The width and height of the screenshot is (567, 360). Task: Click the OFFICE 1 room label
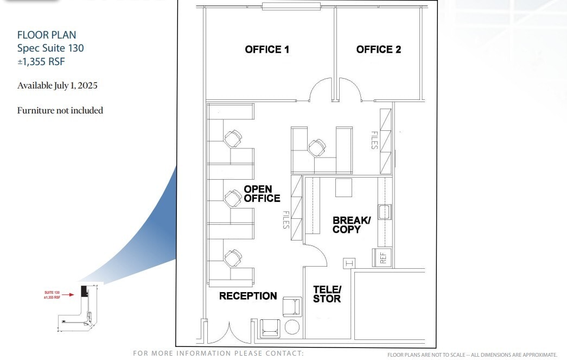[x=267, y=49]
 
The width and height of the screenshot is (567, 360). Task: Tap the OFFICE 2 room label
[x=379, y=49]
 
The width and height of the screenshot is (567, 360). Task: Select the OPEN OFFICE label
[x=262, y=193]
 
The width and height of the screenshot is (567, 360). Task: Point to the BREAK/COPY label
[x=351, y=224]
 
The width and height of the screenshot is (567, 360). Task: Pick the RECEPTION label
[x=248, y=296]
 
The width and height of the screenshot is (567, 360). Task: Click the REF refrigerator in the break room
[x=382, y=257]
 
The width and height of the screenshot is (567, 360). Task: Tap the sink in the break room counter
[x=385, y=212]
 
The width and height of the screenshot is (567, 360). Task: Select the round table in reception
[x=292, y=327]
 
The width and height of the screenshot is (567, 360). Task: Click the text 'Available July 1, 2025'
[x=58, y=86]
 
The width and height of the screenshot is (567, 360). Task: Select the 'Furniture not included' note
[x=60, y=110]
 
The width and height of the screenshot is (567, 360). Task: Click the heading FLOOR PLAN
[x=47, y=35]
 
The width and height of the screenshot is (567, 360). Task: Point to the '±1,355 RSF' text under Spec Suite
[x=41, y=62]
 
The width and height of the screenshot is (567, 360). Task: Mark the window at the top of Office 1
[x=291, y=7]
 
